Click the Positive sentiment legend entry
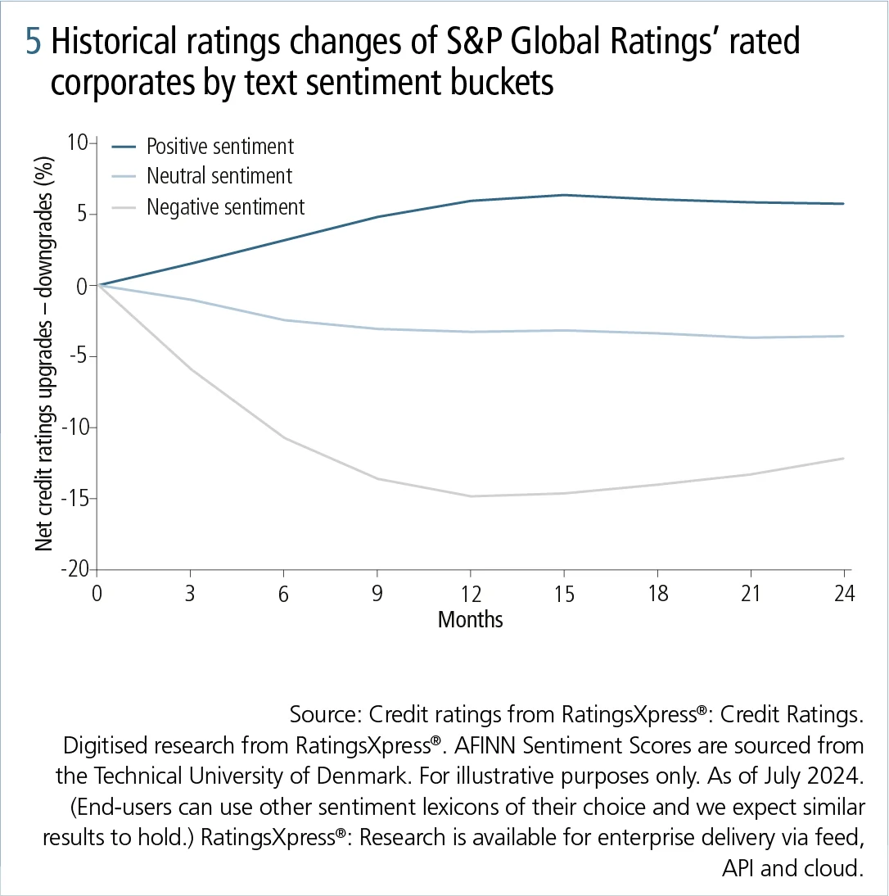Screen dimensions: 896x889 [x=219, y=147]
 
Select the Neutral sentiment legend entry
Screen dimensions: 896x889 [x=219, y=176]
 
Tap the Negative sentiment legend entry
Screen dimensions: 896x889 [x=225, y=206]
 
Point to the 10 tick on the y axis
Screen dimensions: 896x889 [x=77, y=143]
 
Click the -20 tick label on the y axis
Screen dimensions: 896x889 [x=73, y=570]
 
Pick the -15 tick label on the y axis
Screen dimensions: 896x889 [x=73, y=499]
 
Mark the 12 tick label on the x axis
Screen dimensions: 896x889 [x=470, y=594]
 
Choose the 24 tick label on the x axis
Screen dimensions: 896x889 [x=844, y=594]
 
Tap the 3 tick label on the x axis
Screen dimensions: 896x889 [x=190, y=594]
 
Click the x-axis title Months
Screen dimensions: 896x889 [x=470, y=619]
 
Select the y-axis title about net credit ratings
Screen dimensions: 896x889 [x=46, y=356]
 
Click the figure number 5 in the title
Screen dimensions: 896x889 [x=34, y=43]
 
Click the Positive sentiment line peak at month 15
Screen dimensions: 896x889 [x=564, y=195]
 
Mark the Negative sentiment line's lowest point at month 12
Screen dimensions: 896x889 [x=470, y=496]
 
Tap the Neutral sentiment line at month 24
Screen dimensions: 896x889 [x=844, y=336]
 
